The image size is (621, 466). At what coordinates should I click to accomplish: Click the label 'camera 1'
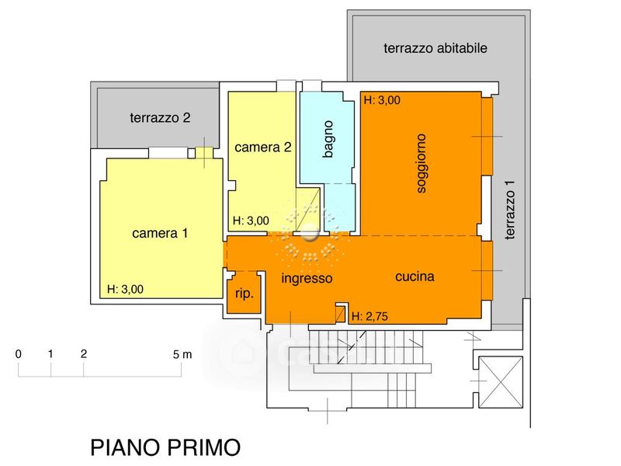160,232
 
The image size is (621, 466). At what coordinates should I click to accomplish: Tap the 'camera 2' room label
262,147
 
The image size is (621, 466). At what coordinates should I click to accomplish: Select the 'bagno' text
328,139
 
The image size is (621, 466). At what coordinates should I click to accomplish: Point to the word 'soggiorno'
422,164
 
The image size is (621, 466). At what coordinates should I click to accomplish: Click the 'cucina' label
414,276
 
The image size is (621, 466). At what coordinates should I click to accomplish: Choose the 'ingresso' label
307,278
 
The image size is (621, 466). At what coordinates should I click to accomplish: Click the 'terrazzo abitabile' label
435,48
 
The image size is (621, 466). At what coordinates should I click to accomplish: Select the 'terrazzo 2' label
160,119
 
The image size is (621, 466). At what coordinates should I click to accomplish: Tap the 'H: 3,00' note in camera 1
125,290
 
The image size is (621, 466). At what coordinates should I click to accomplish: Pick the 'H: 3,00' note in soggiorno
381,100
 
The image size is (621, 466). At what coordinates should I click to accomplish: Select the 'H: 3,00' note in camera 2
251,221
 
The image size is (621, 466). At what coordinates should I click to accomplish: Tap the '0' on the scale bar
19,353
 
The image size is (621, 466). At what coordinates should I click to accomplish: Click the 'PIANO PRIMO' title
165,448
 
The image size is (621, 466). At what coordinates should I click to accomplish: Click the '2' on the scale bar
83,353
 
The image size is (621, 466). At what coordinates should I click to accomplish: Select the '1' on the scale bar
50,353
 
